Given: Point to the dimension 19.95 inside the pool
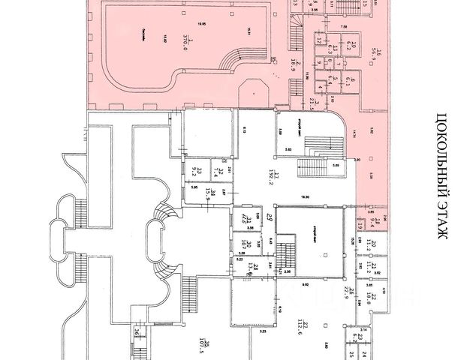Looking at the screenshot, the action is point(197,24).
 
